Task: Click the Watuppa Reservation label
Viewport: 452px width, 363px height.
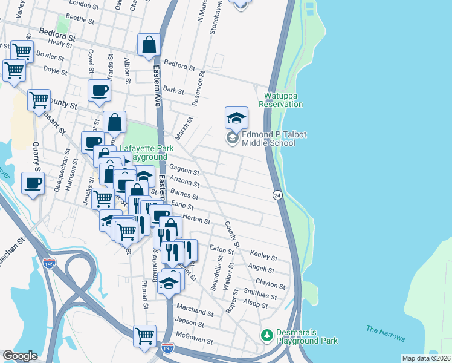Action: click(x=281, y=100)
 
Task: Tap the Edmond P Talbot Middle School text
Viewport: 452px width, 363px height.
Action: click(x=268, y=139)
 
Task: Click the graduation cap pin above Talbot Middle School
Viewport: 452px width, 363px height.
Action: click(x=236, y=117)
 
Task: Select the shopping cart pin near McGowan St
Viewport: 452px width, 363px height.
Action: click(x=145, y=335)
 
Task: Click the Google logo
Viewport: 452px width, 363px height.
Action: click(x=20, y=356)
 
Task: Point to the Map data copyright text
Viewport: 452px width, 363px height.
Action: click(x=425, y=358)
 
